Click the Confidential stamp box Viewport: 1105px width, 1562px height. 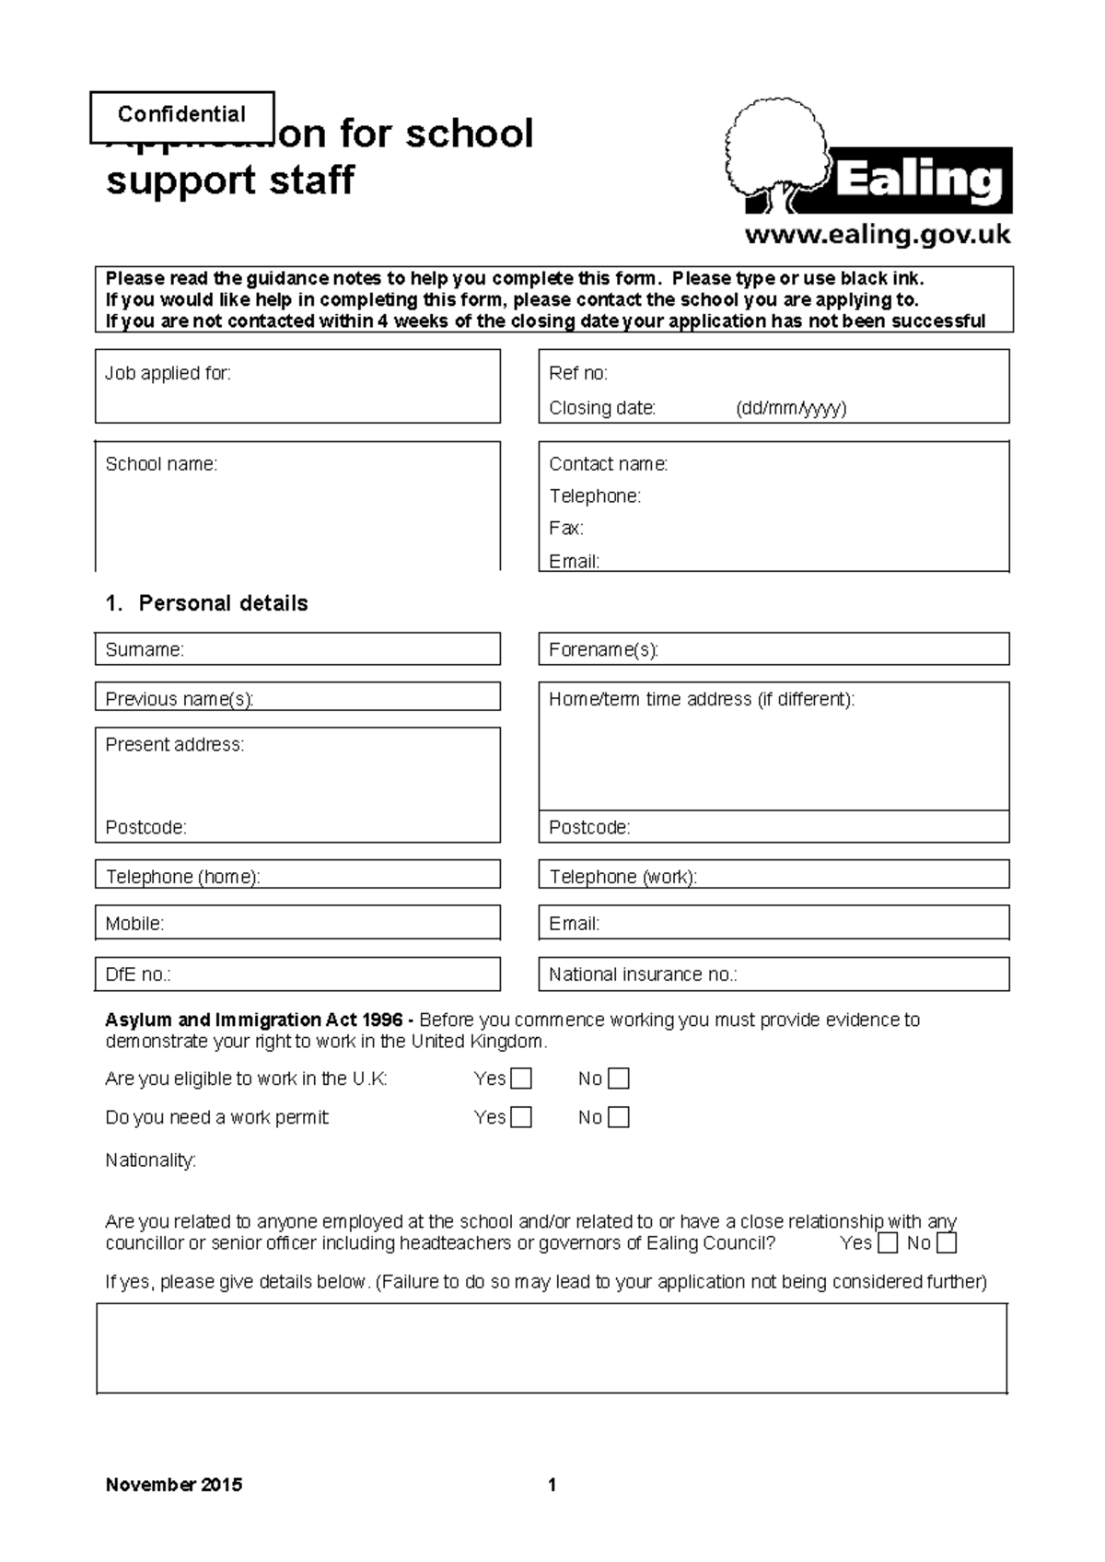coord(182,116)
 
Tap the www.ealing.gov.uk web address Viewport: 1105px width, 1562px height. coord(877,235)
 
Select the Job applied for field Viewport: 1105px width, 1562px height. coord(297,386)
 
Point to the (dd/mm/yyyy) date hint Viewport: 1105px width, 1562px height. coord(790,408)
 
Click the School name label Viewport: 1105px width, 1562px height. coord(161,464)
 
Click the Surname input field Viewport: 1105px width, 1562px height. coord(297,649)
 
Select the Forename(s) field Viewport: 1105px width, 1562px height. coord(773,649)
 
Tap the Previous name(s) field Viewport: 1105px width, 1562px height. coord(297,697)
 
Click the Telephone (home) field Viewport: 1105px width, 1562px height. coord(297,875)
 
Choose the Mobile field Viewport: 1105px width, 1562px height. coord(297,923)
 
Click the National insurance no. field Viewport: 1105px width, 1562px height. coord(773,974)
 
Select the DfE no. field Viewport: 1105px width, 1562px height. coord(297,974)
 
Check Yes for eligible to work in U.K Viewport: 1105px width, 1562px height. coord(521,1078)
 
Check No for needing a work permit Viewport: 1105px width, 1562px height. coord(619,1117)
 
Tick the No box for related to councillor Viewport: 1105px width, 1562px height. coord(947,1243)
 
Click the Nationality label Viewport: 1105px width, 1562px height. coord(150,1160)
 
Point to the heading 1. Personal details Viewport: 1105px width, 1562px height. coord(207,603)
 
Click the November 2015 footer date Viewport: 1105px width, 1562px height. coord(174,1485)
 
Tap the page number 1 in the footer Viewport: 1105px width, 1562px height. coord(552,1485)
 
